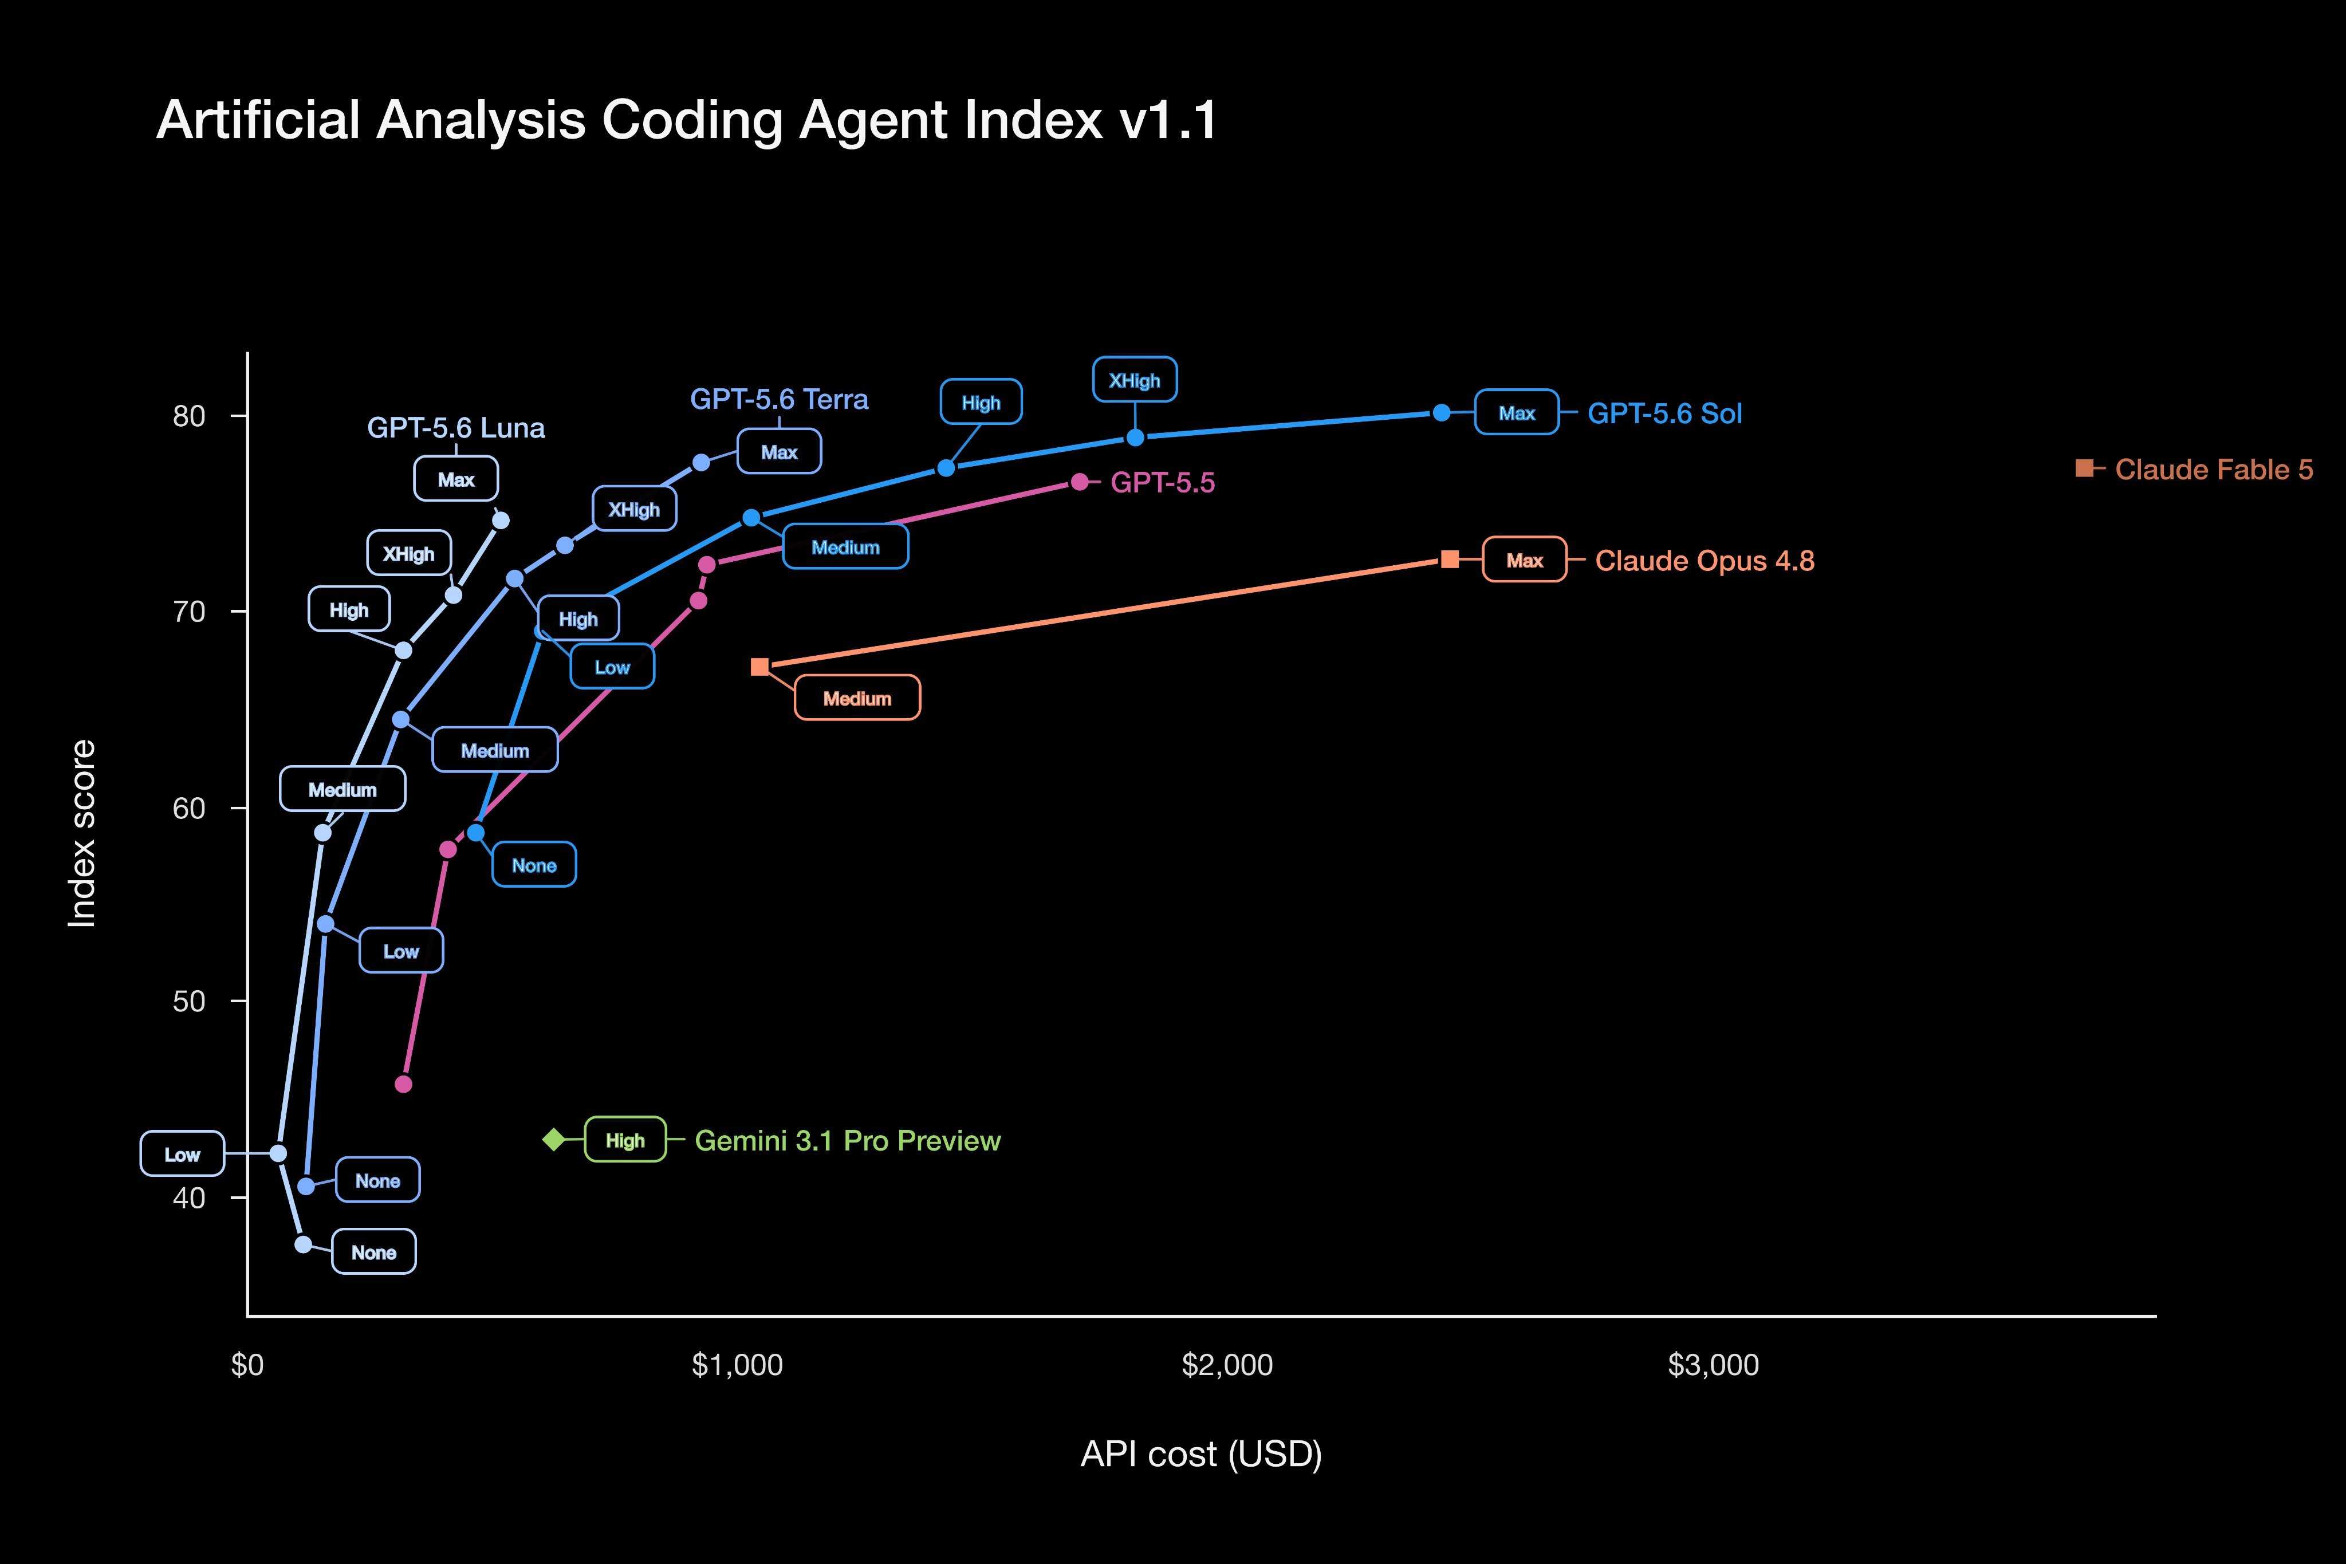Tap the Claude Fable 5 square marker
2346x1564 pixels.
coord(2084,468)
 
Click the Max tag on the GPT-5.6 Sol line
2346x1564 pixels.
coord(1516,412)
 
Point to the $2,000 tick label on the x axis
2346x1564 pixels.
coord(1227,1365)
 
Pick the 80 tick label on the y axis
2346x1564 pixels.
coord(188,416)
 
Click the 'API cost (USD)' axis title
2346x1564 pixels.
coord(1201,1454)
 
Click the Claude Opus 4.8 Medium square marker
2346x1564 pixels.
coord(759,666)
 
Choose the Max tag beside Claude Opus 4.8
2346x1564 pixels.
coord(1524,560)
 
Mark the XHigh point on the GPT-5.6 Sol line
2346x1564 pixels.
coord(1135,438)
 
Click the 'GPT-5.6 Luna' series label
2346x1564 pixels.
coord(456,428)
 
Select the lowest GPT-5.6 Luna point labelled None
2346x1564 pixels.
coord(303,1244)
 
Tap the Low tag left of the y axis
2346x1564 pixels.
coord(183,1154)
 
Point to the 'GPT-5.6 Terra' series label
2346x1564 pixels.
coord(779,399)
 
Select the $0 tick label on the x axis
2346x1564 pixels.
coord(247,1365)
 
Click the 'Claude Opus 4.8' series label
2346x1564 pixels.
coord(1705,561)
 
